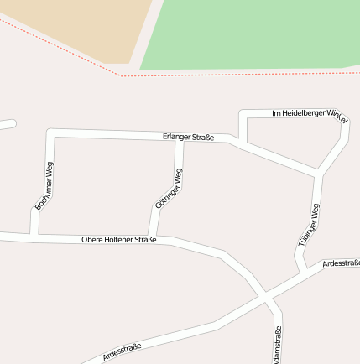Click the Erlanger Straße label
pos(189,137)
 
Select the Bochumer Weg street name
pos(44,186)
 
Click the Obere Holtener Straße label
pos(119,240)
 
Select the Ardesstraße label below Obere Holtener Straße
pos(122,351)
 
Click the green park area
pos(252,34)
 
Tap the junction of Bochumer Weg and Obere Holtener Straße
pos(34,235)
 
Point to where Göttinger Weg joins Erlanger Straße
pos(180,140)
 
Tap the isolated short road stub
pos(7,125)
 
